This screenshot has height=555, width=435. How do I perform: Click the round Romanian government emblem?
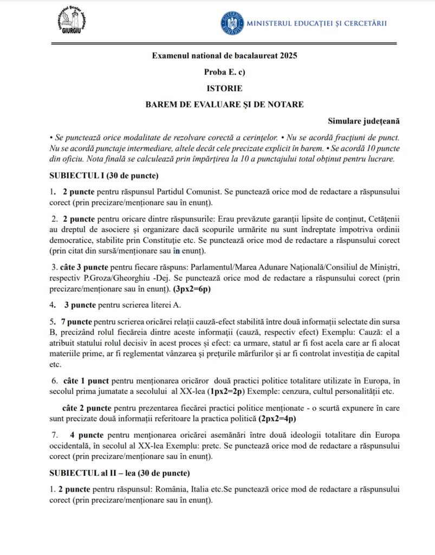(232, 23)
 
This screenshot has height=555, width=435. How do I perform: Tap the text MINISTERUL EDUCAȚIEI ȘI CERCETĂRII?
(316, 23)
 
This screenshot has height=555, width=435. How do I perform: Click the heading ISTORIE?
(224, 88)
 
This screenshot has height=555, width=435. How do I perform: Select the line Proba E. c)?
(224, 72)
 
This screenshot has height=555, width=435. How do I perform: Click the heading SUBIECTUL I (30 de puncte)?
(103, 176)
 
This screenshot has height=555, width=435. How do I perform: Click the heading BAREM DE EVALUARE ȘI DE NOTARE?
(224, 104)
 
